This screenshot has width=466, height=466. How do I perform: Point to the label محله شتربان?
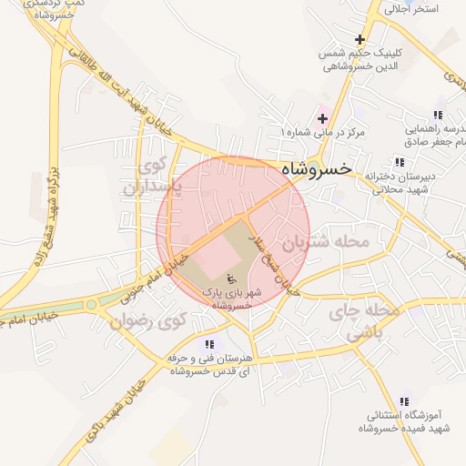click(325, 243)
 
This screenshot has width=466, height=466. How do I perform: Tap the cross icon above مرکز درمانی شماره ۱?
click(322, 119)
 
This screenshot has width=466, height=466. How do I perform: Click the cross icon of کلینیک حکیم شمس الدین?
click(360, 39)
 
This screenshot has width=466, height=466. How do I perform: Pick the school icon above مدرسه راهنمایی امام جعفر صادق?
click(438, 116)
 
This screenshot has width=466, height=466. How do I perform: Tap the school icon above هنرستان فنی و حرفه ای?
click(210, 344)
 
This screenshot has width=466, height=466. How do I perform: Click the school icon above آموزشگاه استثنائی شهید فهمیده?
click(404, 400)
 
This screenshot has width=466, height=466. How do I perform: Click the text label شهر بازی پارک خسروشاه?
click(230, 299)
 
